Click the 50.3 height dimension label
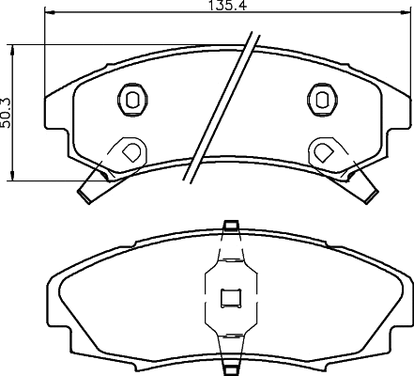(6, 113)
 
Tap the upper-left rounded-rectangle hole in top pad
(132, 100)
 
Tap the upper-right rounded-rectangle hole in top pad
(322, 100)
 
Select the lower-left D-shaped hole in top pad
(131, 152)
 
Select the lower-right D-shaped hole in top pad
(323, 152)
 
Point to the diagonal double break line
(222, 107)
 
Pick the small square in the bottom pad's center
(231, 298)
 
